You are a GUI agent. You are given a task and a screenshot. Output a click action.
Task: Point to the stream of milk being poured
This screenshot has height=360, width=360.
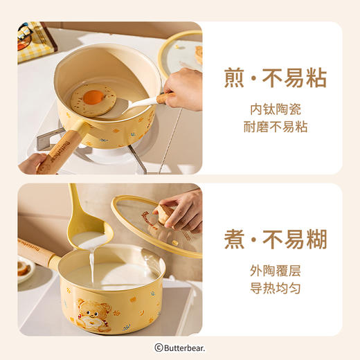click(x=91, y=267)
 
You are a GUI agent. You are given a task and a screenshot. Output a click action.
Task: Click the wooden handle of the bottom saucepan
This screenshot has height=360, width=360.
click(x=38, y=253)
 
